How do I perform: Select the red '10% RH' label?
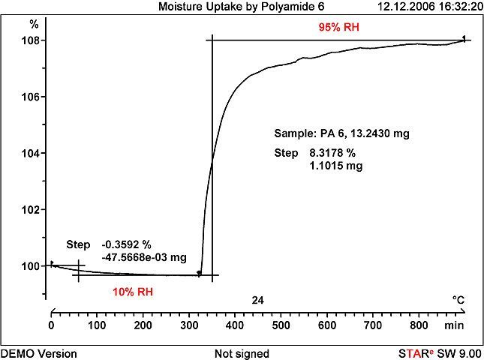pos(133,292)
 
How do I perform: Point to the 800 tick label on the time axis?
pos(419,325)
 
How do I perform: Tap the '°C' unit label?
pos(458,300)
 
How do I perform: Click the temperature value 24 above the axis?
pos(258,300)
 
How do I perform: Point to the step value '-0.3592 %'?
pos(126,244)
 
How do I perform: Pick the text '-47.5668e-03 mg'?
pos(143,256)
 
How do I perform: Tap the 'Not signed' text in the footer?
pos(242,353)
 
